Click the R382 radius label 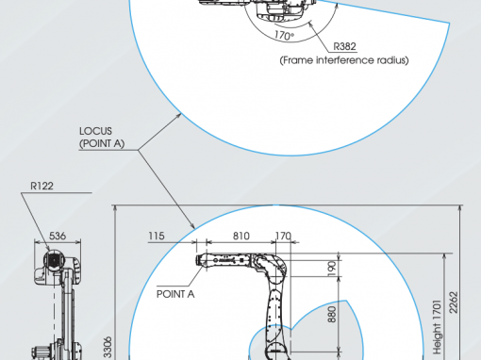344,46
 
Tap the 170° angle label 284,35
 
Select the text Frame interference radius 344,60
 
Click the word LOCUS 95,131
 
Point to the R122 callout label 41,186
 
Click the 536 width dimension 58,236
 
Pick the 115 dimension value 157,236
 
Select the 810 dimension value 241,236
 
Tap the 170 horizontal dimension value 283,236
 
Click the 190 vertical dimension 332,269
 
